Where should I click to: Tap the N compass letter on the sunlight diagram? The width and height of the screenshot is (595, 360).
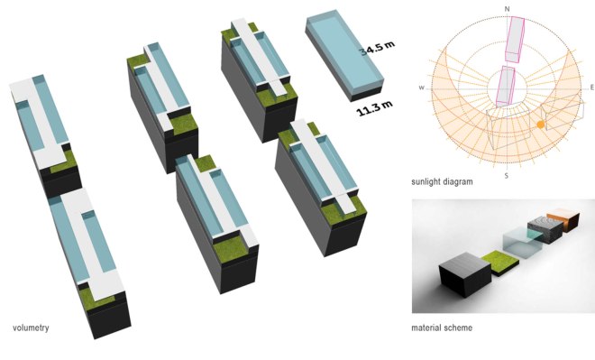pyautogui.click(x=508, y=9)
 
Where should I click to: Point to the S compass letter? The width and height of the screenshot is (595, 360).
pyautogui.click(x=506, y=174)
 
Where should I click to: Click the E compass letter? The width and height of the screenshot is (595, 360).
pyautogui.click(x=590, y=88)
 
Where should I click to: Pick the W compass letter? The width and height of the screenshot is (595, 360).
pyautogui.click(x=421, y=88)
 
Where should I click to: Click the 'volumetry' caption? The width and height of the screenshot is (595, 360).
pyautogui.click(x=31, y=327)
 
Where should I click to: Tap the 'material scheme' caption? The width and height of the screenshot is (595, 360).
pyautogui.click(x=441, y=328)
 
